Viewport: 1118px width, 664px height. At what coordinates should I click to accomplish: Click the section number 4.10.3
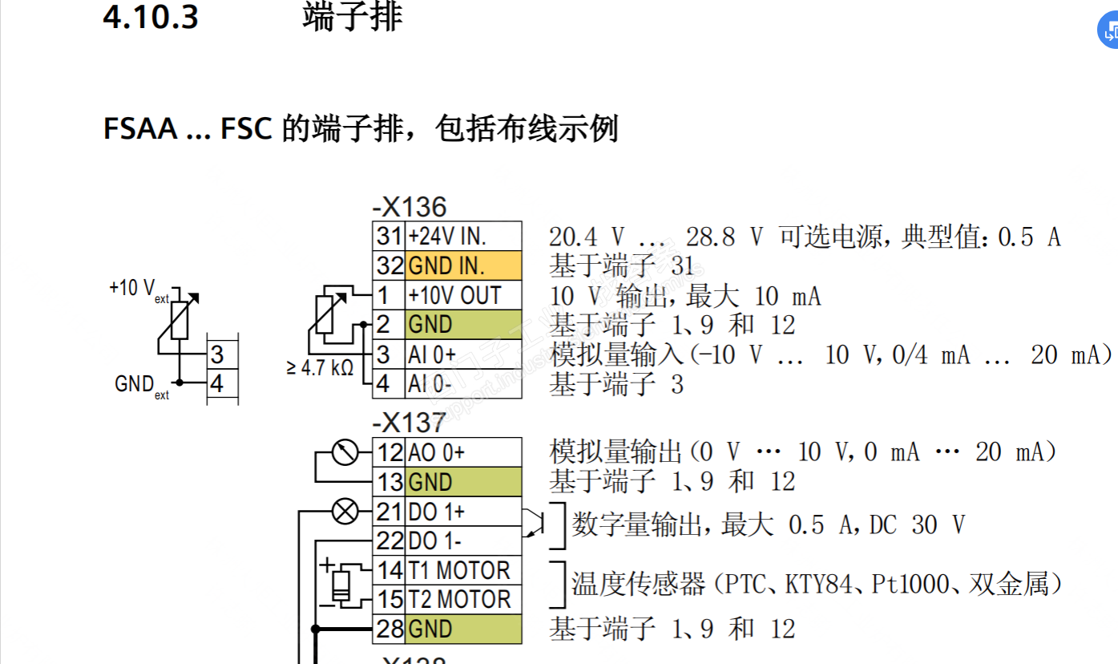150,17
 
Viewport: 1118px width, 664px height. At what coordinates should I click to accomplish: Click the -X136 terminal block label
410,207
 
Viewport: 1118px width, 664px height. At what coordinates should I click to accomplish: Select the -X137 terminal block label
410,423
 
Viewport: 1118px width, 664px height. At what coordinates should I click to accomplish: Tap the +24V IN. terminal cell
463,236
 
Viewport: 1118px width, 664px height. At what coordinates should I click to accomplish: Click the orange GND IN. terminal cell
463,265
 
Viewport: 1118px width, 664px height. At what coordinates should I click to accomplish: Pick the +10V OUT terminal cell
463,295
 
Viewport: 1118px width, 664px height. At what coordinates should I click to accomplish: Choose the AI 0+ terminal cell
463,354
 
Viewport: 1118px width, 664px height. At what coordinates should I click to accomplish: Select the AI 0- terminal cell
463,384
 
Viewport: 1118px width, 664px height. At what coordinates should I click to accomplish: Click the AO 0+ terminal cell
463,452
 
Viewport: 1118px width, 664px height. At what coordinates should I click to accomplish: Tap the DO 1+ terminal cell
463,511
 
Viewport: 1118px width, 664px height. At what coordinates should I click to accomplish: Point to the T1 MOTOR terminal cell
463,570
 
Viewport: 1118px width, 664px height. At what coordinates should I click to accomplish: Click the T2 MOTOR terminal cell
463,599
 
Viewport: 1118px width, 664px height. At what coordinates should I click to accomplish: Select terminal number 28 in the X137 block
389,629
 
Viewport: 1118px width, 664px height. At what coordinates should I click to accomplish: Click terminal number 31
389,236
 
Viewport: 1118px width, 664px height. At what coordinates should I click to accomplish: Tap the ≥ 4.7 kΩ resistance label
320,368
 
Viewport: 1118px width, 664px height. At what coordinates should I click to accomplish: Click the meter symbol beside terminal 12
345,452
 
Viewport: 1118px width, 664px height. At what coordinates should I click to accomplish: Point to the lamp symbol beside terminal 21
345,511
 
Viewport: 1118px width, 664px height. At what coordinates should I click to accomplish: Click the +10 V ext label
139,290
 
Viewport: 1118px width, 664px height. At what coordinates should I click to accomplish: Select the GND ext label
142,387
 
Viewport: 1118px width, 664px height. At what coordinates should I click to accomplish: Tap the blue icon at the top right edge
1109,31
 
